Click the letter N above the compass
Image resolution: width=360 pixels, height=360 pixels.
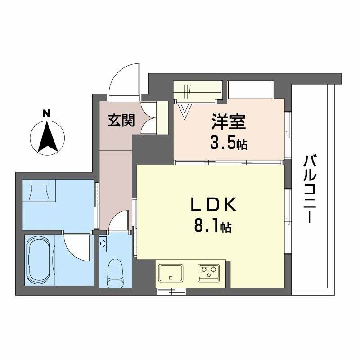pyautogui.click(x=46, y=113)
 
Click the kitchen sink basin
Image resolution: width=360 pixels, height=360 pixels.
pyautogui.click(x=171, y=272)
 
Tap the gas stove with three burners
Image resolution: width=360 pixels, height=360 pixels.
pyautogui.click(x=209, y=271)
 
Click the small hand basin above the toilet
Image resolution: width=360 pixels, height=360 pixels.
pyautogui.click(x=103, y=243)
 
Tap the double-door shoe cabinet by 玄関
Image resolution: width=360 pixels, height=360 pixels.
pyautogui.click(x=149, y=118)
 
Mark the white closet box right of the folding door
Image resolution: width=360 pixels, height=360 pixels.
pyautogui.click(x=250, y=89)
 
